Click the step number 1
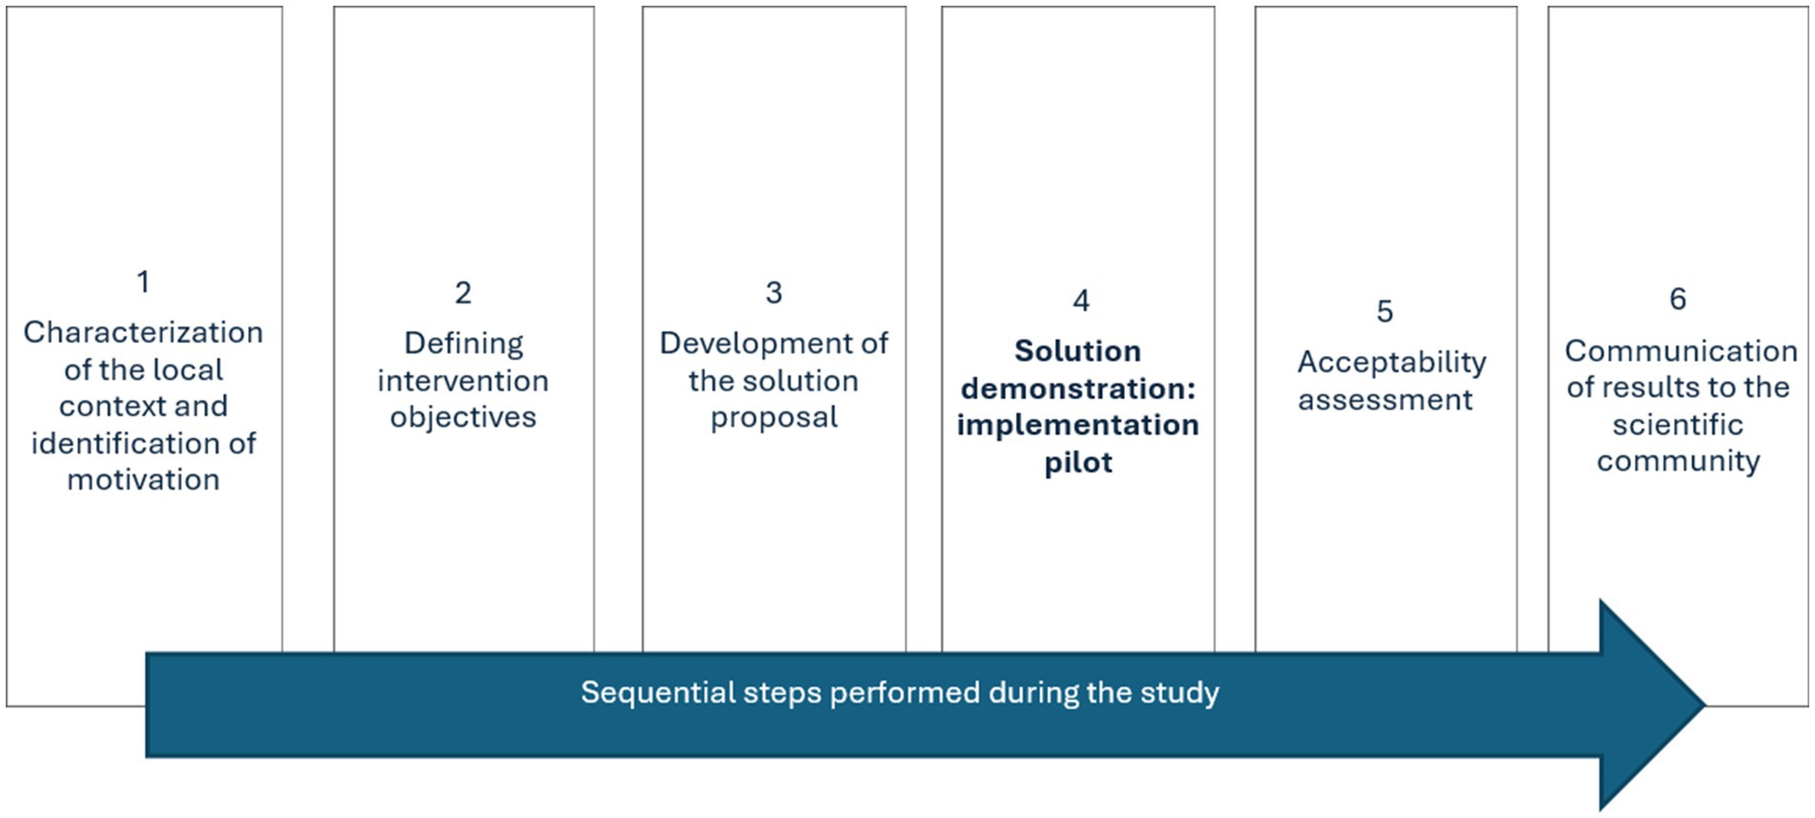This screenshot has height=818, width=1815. tap(143, 282)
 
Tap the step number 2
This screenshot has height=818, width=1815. tap(463, 292)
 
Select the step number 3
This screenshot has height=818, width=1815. tap(774, 292)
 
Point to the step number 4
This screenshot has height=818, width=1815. tap(1081, 301)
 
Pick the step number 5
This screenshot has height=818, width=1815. tap(1385, 311)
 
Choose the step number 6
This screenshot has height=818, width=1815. tap(1678, 299)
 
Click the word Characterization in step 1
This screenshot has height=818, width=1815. tap(143, 332)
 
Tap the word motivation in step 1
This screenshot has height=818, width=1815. tap(143, 479)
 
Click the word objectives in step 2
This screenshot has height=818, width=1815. tap(463, 418)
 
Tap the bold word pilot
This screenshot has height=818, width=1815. tap(1078, 463)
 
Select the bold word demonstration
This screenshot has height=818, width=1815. tap(1074, 388)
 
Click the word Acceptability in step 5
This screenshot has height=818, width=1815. tap(1391, 363)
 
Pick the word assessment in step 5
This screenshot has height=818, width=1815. tap(1385, 400)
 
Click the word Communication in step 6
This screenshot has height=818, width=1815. tap(1680, 350)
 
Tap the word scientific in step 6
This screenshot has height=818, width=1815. tap(1678, 425)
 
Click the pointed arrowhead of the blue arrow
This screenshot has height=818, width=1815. tap(1705, 705)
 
